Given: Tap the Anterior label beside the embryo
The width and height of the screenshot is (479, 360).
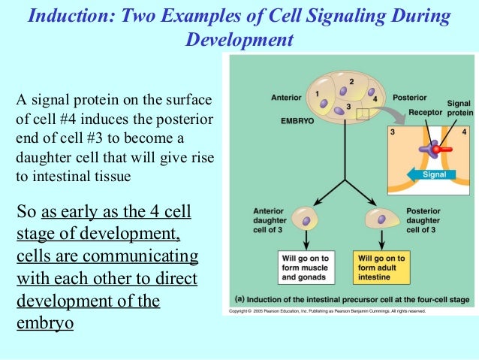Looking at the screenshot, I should pyautogui.click(x=286, y=97).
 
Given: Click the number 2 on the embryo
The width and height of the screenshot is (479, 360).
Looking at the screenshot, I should pyautogui.click(x=351, y=80).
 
